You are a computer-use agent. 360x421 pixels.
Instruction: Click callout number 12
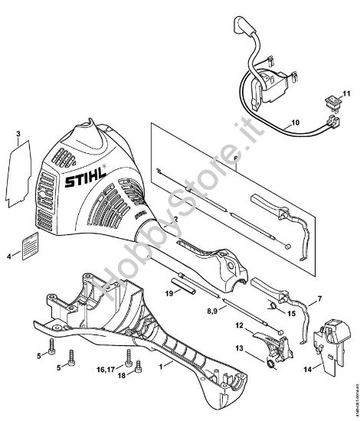coord(239,327)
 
